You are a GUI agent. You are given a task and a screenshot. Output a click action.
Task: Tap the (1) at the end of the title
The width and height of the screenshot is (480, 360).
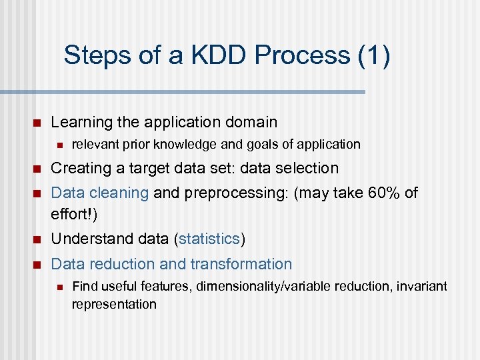(x=374, y=55)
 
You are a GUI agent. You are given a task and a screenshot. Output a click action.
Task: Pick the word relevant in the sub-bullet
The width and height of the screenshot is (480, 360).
(x=94, y=144)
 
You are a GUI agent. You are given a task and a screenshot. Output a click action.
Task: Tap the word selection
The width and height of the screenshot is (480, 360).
(x=309, y=168)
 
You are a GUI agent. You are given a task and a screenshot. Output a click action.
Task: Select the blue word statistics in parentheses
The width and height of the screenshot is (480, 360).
(x=210, y=239)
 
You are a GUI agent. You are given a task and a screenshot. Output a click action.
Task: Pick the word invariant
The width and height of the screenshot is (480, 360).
(x=421, y=287)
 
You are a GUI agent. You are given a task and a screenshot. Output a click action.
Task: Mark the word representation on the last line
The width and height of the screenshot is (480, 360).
(x=114, y=305)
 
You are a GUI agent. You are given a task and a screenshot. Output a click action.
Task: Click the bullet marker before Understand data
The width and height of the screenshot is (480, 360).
(x=37, y=239)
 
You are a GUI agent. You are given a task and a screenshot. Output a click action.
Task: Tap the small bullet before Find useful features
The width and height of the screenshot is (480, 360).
(x=59, y=287)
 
